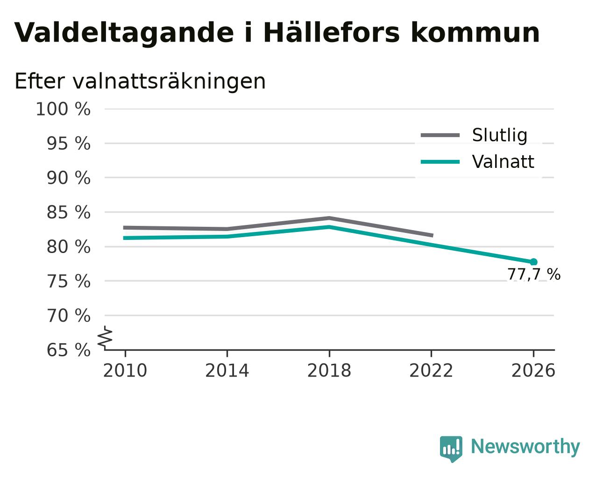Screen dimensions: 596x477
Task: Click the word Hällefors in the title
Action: tap(332, 33)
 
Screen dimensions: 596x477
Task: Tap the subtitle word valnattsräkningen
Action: tap(169, 82)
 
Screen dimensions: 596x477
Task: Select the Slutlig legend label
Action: tap(499, 136)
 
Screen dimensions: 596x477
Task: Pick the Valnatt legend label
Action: tap(503, 162)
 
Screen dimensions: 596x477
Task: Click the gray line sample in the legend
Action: tap(440, 135)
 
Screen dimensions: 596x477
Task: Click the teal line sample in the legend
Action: tap(440, 162)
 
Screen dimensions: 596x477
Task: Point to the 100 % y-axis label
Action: tap(63, 109)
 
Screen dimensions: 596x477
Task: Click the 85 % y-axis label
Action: tap(68, 212)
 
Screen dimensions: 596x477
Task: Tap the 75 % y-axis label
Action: tap(68, 282)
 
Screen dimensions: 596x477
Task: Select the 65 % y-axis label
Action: tap(68, 350)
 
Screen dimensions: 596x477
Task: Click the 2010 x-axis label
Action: tap(125, 370)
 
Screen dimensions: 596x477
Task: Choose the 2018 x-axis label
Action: tap(329, 370)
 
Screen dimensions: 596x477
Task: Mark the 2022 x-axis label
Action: tap(431, 370)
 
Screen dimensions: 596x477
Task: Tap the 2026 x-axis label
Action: tap(533, 370)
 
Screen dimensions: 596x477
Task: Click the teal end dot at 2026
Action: tap(533, 262)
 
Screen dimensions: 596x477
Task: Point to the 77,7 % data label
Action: tap(534, 275)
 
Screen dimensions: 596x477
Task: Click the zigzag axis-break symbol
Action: tap(105, 337)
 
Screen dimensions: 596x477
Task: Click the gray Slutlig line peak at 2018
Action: tap(329, 218)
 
